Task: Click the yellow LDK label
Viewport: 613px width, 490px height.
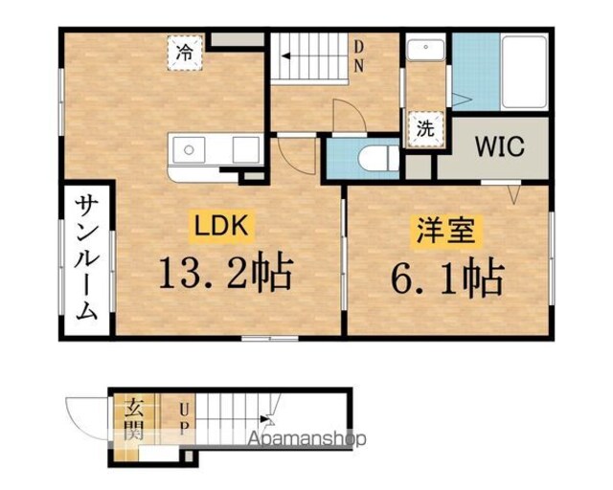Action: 221,226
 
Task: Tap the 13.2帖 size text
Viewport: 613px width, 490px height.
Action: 226,273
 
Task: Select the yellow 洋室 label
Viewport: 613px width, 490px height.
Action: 445,231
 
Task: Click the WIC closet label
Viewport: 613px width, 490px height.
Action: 500,146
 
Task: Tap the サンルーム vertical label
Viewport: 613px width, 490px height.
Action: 86,257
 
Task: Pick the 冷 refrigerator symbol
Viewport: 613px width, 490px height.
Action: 185,53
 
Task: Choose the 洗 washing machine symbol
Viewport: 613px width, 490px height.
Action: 425,129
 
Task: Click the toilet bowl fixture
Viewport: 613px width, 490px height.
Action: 377,158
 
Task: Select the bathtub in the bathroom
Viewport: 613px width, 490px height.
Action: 524,72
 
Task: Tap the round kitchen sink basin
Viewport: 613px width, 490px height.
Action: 189,149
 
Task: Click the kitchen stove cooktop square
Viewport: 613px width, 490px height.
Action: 246,150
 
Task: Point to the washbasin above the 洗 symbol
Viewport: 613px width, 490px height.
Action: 425,49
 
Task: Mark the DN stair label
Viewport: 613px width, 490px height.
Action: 358,56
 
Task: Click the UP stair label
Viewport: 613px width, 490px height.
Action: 183,420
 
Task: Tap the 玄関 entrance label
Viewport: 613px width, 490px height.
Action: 133,418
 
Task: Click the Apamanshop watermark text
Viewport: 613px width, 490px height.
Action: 307,438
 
